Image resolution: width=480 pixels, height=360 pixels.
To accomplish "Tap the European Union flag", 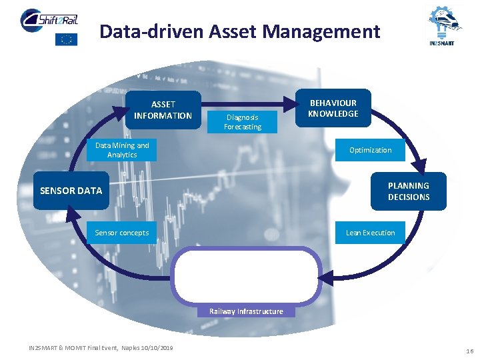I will pos(66,39).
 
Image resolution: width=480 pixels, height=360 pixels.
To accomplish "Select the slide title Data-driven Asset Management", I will pos(240,31).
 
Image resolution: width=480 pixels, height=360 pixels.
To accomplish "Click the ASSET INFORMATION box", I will pos(163,110).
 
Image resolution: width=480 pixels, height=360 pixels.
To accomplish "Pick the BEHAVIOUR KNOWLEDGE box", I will pos(333,108).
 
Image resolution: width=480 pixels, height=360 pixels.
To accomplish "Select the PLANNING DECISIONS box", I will pos(408,191).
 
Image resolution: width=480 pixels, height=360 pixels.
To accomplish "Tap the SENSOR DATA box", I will pos(71,191).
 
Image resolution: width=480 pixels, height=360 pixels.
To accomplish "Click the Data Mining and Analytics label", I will pos(122,150).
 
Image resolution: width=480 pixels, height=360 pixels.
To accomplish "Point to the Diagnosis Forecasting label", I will pos(243,122).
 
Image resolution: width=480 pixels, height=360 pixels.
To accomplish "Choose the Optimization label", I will pos(370,150).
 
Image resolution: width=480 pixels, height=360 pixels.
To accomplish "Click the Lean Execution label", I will pos(370,233).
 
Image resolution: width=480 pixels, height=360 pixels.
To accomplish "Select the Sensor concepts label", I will pos(121,233).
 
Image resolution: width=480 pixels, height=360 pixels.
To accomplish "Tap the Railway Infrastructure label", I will pos(246,311).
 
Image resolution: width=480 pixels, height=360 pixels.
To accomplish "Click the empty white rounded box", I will pos(246,275).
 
